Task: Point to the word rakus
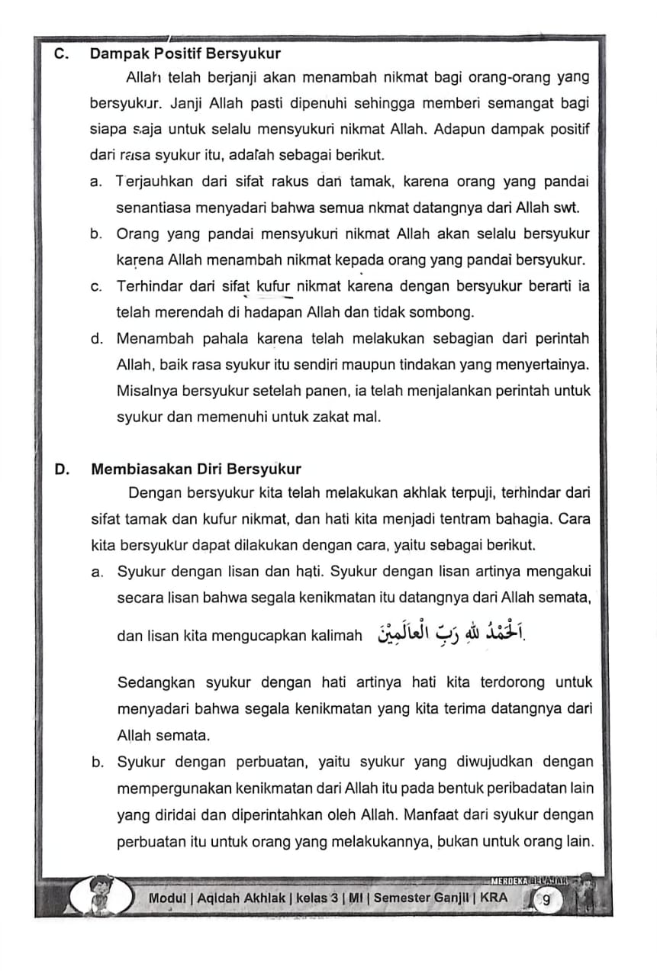point(286,182)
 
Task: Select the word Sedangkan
point(156,682)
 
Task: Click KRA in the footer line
point(494,898)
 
